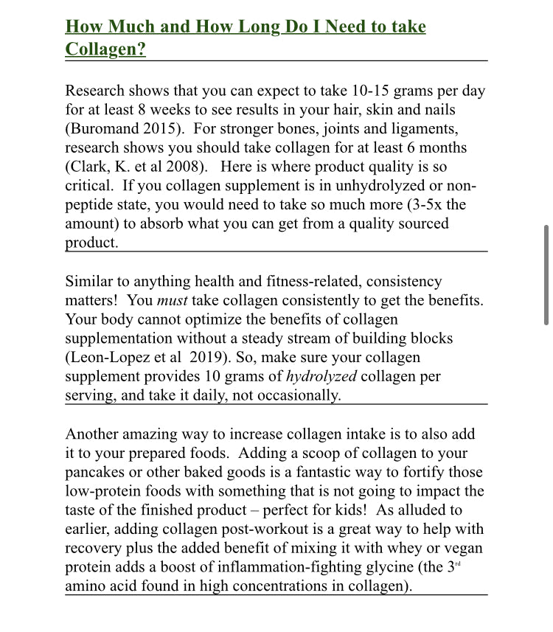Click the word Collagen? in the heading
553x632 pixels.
tap(105, 49)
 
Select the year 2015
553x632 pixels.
tap(164, 129)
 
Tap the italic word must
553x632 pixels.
tap(172, 300)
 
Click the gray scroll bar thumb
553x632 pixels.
tap(546, 274)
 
